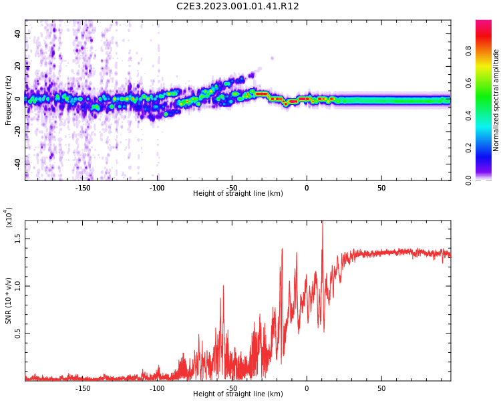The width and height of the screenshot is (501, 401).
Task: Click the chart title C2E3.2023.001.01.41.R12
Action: pos(238,7)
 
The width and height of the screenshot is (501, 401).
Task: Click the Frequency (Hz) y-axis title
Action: pos(9,100)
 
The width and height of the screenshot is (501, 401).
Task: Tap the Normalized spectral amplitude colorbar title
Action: pos(496,100)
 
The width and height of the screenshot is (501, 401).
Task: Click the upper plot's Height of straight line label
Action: pos(238,194)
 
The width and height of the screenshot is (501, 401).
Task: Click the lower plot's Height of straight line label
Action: pos(238,394)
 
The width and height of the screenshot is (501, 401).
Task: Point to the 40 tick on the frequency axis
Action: pos(17,33)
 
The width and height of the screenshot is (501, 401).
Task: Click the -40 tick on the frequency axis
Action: pos(17,163)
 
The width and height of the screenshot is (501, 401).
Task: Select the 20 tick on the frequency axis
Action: pos(17,66)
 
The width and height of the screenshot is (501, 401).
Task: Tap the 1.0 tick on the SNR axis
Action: pos(17,286)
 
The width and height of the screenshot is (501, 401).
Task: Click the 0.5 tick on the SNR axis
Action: pos(17,333)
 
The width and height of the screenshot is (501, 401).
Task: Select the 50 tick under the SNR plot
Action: pos(381,388)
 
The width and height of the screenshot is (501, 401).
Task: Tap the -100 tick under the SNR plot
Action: pos(157,388)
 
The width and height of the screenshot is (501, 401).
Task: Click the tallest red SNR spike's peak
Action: pos(323,223)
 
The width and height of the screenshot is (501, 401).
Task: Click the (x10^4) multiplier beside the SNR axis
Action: pos(9,218)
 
